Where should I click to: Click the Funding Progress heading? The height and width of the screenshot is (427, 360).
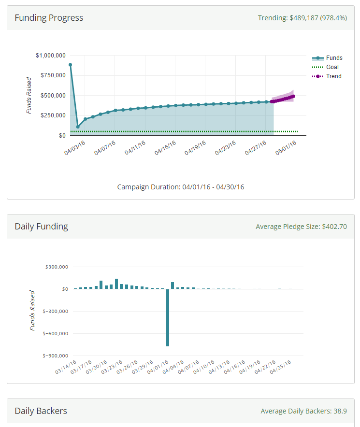point(49,18)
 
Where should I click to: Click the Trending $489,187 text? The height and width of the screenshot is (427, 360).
point(302,18)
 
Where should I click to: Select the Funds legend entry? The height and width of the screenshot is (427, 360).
point(334,58)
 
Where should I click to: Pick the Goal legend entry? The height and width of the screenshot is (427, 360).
point(332,67)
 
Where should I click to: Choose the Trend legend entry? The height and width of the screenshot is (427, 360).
point(333,76)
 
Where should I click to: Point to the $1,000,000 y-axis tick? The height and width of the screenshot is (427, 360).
point(51,56)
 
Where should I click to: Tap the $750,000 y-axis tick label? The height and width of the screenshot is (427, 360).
point(53,75)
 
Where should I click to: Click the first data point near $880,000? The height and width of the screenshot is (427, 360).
point(71,65)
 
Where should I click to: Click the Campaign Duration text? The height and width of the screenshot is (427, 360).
point(180,186)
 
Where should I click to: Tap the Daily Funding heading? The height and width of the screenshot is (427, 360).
point(41,227)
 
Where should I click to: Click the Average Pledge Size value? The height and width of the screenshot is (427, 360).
point(301,227)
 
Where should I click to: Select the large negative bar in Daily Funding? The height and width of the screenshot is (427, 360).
point(168,317)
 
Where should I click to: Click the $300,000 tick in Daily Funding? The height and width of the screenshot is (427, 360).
point(58,267)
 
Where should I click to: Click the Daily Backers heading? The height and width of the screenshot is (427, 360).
point(41,411)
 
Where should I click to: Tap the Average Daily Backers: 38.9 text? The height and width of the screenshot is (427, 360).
point(303,411)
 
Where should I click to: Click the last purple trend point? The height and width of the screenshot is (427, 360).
point(293,96)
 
